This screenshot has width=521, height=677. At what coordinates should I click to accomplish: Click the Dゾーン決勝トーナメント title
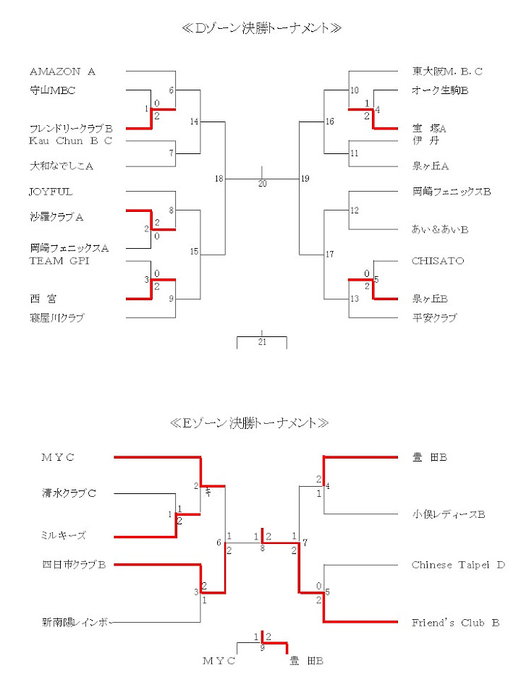tap(262, 28)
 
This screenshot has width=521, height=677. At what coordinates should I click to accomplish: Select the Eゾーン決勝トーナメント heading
tap(250, 422)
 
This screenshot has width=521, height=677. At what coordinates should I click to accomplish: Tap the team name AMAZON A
tap(62, 72)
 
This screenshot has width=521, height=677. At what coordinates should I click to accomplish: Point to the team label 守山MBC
tap(53, 90)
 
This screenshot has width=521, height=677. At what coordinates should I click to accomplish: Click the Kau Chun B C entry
tap(70, 140)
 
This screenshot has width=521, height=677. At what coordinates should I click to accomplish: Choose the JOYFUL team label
tap(51, 192)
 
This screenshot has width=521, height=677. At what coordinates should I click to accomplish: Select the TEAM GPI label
tap(59, 261)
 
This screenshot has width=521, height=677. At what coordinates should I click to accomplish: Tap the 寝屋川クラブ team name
tap(57, 318)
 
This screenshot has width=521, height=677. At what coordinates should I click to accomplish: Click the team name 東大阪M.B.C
tap(447, 72)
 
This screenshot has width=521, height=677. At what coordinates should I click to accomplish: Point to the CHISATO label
tap(438, 261)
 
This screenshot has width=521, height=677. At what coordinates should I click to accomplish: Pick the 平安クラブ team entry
tap(434, 318)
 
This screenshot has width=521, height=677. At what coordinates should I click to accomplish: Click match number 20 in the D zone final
tap(263, 184)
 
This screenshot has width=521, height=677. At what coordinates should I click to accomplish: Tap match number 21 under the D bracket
tap(263, 342)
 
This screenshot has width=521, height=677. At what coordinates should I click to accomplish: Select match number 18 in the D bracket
tap(219, 179)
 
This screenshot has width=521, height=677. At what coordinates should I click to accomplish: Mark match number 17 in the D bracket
tap(330, 255)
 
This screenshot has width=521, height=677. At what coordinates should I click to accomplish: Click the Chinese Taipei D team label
tap(458, 565)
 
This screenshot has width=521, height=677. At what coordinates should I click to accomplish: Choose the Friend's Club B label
tap(455, 622)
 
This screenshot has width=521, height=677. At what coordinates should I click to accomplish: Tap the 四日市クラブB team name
tap(74, 565)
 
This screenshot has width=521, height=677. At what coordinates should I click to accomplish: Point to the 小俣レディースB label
tap(448, 514)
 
